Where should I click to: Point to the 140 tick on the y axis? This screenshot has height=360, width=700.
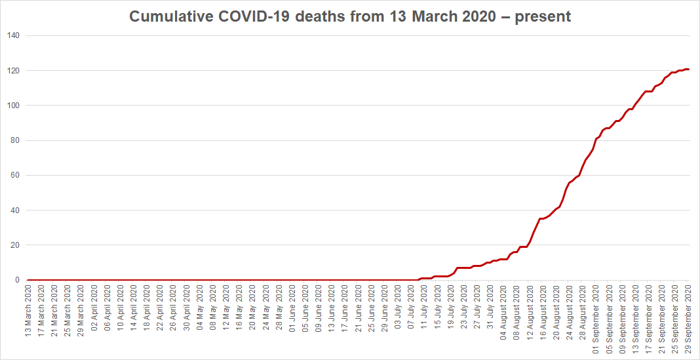(x=14, y=35)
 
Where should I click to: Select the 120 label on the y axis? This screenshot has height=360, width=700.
(x=14, y=70)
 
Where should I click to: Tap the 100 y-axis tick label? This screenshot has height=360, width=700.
(x=14, y=106)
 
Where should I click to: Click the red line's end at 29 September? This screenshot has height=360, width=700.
(x=688, y=69)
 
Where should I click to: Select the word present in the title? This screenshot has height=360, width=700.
(x=543, y=16)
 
